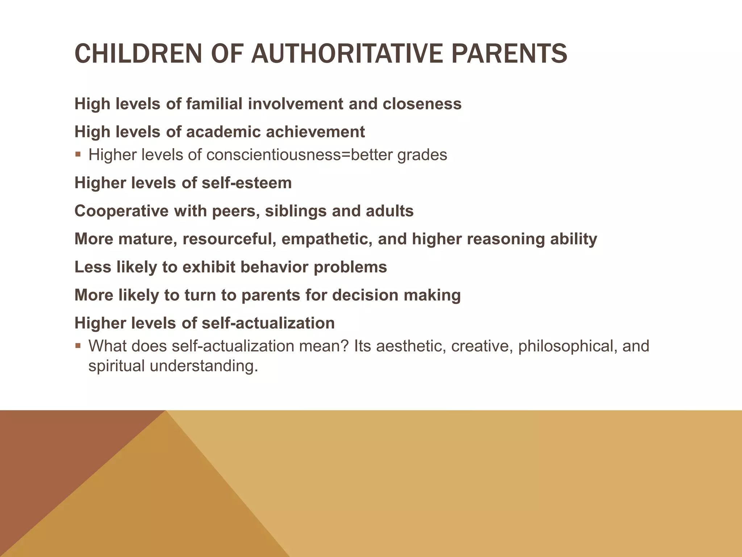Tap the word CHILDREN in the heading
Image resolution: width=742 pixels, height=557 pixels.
[x=138, y=53]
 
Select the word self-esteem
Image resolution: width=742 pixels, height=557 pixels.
[x=246, y=183]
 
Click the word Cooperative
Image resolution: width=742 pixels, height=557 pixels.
[x=121, y=211]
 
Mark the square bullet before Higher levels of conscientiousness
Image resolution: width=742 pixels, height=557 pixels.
[x=78, y=154]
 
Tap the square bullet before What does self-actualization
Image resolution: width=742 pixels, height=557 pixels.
[x=78, y=346]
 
